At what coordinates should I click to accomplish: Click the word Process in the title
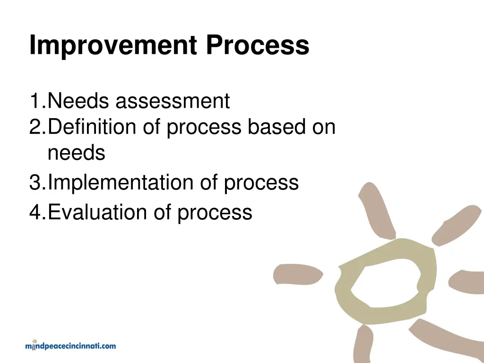(257, 46)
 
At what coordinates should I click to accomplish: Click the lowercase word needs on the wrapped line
(76, 153)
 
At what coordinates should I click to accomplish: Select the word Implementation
(121, 182)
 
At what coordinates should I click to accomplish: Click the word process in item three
(261, 183)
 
